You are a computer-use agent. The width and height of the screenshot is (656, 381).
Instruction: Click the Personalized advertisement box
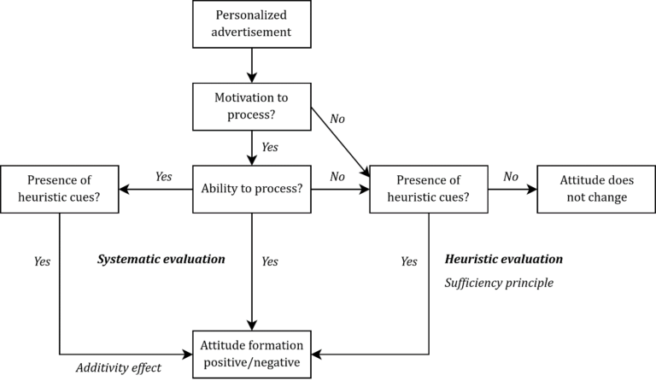(251, 24)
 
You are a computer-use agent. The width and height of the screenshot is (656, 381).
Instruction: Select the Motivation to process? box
(251, 106)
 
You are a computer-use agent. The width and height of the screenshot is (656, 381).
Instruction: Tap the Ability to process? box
(251, 189)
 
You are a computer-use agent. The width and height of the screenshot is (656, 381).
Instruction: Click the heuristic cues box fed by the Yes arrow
(59, 189)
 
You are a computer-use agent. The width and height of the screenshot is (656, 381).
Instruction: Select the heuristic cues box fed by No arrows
(428, 189)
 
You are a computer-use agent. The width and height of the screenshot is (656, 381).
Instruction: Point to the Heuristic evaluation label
(504, 258)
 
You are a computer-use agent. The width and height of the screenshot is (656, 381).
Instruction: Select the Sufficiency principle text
(499, 282)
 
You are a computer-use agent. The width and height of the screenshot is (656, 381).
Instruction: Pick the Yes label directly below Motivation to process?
(269, 147)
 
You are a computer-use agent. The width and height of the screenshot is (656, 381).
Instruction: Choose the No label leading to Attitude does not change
(510, 177)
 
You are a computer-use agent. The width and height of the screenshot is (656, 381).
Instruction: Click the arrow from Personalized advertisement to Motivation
(251, 65)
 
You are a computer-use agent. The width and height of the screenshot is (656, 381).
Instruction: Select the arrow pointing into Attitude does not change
(512, 189)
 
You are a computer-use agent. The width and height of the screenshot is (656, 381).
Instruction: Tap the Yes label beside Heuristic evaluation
(408, 261)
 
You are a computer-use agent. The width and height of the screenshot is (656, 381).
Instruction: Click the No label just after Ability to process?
(337, 177)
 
